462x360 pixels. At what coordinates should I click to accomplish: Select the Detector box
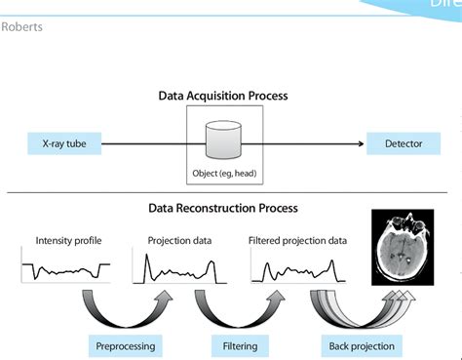[x=404, y=144]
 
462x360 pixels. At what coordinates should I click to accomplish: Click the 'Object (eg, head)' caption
[x=226, y=176]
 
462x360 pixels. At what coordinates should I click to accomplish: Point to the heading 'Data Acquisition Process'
[x=223, y=97]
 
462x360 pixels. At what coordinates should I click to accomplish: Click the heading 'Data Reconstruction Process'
[x=223, y=208]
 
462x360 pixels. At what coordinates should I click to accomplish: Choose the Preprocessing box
[x=125, y=345]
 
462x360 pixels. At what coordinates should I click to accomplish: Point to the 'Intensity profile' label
[x=68, y=240]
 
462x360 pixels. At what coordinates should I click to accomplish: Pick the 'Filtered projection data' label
[x=298, y=240]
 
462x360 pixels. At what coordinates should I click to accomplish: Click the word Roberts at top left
[x=21, y=26]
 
